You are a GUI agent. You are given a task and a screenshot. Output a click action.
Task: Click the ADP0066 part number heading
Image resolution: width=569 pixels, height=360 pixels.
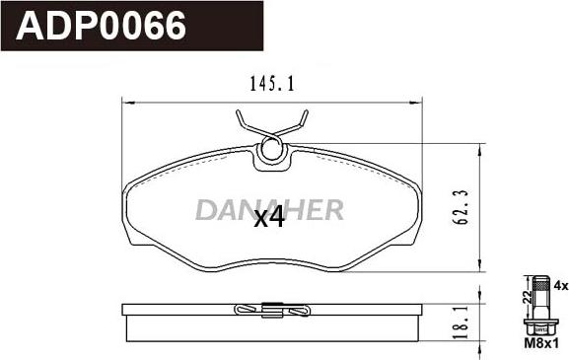[101, 26]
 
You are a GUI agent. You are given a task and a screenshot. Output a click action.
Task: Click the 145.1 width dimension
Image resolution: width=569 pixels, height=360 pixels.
[272, 85]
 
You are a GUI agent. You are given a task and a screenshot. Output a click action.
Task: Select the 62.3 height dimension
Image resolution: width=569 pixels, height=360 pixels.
[461, 207]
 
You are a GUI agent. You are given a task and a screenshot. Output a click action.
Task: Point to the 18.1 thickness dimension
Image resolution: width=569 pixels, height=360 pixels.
[461, 322]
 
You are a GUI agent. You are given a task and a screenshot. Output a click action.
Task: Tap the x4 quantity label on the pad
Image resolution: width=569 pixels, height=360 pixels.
[268, 218]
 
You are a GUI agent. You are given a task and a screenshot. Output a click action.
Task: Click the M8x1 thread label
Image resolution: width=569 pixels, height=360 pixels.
[541, 343]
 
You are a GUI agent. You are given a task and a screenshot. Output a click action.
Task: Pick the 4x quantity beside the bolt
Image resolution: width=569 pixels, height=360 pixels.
[561, 286]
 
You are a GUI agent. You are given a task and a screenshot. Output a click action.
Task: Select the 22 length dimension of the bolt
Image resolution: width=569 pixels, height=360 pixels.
[529, 298]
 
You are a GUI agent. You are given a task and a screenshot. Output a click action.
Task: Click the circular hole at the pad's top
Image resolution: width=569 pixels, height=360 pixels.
[271, 150]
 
